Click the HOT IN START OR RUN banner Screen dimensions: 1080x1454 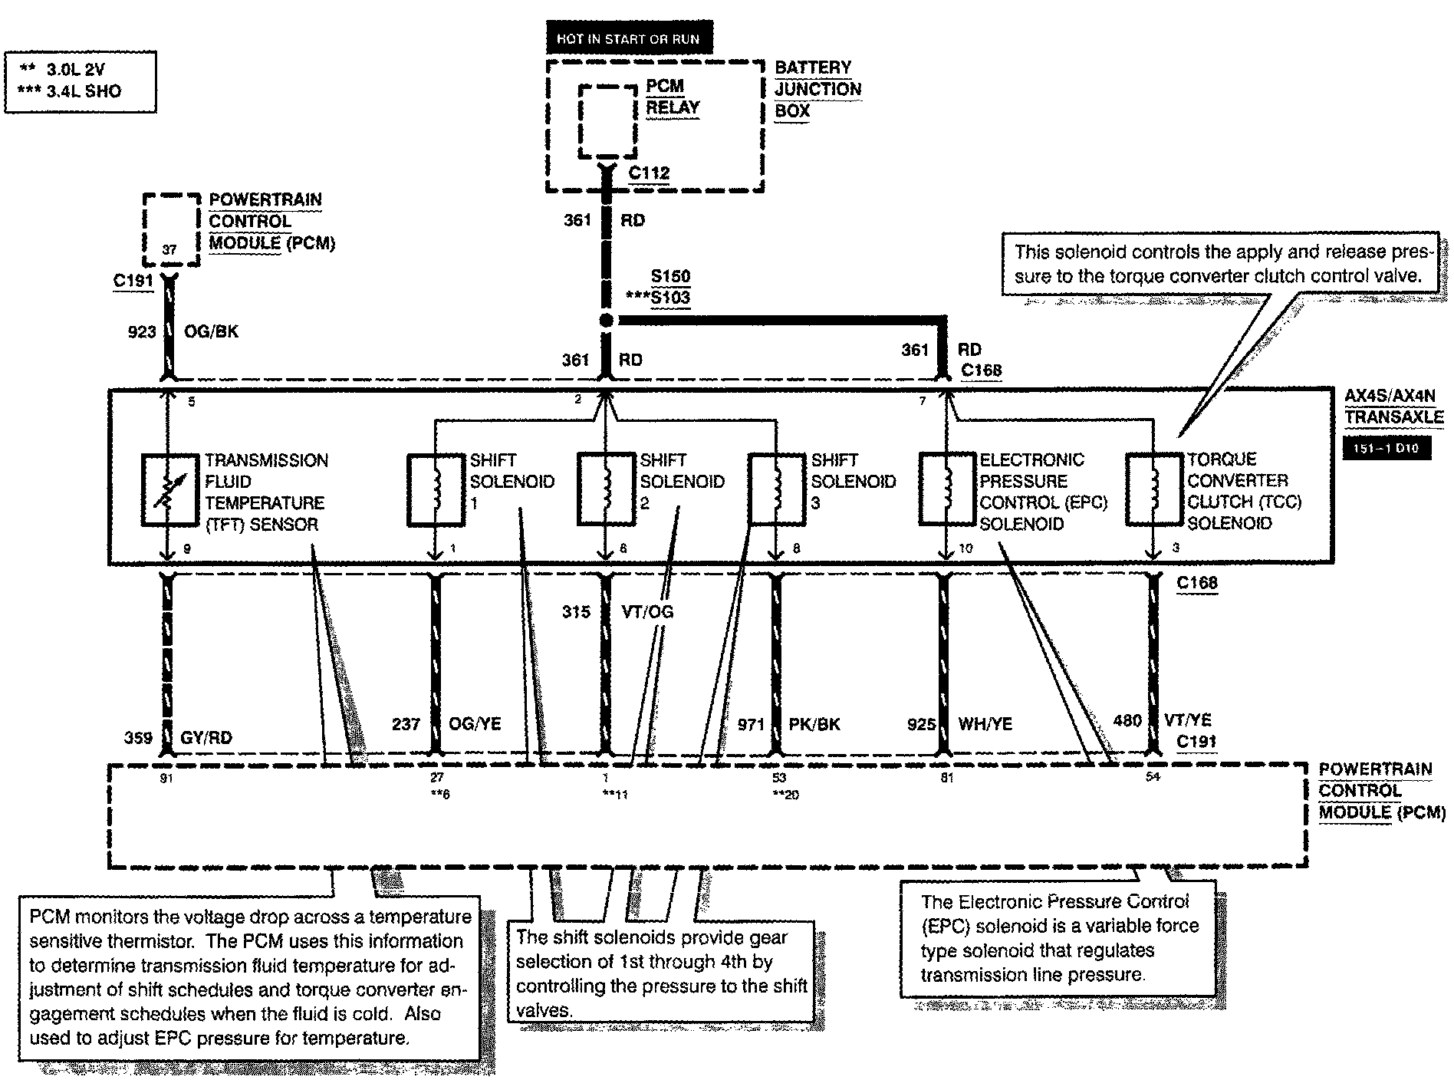point(627,39)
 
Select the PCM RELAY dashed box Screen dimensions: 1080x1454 point(607,120)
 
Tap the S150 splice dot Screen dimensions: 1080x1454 point(606,321)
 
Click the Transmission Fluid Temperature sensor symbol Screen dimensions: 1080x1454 point(169,490)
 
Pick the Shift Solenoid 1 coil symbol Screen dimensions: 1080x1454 point(435,489)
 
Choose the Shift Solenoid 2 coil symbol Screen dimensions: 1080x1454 point(606,489)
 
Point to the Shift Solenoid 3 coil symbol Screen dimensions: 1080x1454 point(776,489)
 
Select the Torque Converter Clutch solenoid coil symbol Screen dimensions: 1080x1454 point(1153,489)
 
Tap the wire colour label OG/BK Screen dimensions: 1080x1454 point(212,331)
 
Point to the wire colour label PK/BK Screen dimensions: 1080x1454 point(814,723)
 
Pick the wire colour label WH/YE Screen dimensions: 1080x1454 point(985,723)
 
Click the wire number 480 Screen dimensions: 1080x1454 point(1127,720)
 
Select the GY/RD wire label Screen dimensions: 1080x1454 point(206,738)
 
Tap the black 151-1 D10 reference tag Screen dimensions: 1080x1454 point(1387,447)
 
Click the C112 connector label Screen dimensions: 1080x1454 point(649,173)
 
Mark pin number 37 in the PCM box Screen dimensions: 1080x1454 point(169,249)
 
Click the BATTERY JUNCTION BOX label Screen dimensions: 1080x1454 point(817,89)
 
